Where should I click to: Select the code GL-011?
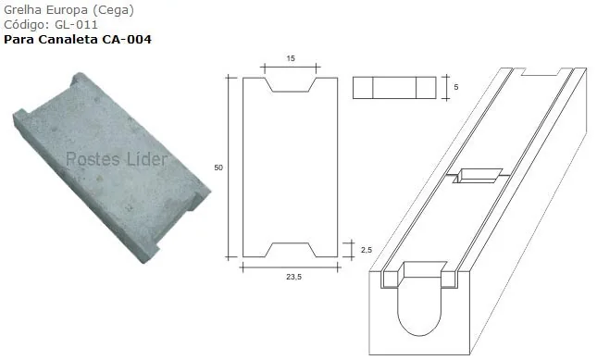pyautogui.click(x=76, y=25)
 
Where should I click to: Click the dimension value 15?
pyautogui.click(x=291, y=58)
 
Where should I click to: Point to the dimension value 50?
pyautogui.click(x=218, y=168)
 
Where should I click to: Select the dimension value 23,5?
pyautogui.click(x=294, y=277)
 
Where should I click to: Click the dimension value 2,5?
pyautogui.click(x=367, y=250)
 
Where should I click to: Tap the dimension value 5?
pyautogui.click(x=456, y=87)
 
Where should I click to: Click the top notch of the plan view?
pyautogui.click(x=290, y=85)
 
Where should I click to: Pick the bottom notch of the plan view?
pyautogui.click(x=290, y=250)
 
